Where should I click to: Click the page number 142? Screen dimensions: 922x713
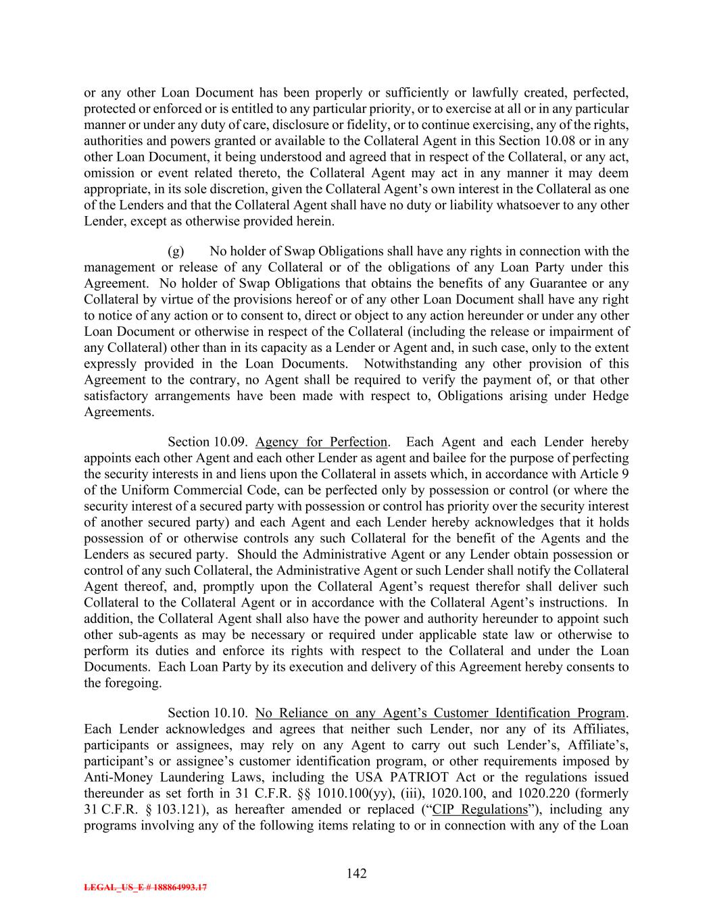coord(356,873)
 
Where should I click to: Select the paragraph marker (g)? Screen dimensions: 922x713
coord(176,251)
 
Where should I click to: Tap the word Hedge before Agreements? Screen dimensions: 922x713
coord(610,396)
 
